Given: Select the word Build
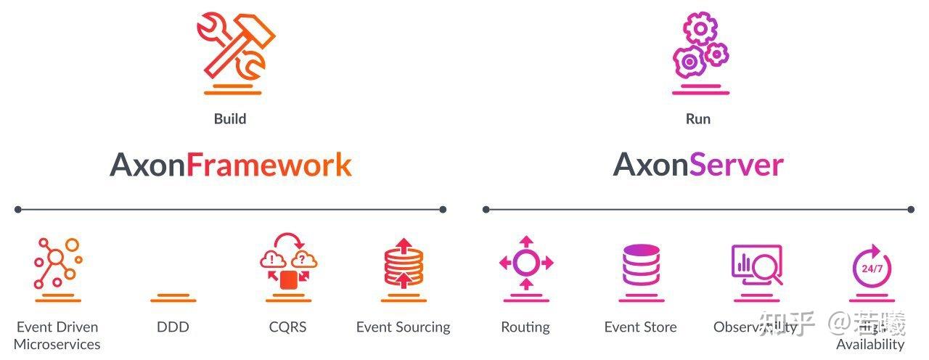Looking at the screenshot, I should pyautogui.click(x=230, y=118).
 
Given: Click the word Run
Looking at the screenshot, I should pyautogui.click(x=698, y=118).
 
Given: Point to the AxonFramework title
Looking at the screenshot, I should pyautogui.click(x=231, y=165).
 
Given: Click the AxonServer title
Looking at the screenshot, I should pyautogui.click(x=698, y=165).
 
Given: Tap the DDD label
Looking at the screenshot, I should pyautogui.click(x=173, y=327).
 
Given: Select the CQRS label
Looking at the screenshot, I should pyautogui.click(x=287, y=327).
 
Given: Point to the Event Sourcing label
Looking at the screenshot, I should pyautogui.click(x=403, y=327).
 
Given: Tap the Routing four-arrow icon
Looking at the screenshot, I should pyautogui.click(x=526, y=263).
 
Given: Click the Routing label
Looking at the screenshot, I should pyautogui.click(x=525, y=327).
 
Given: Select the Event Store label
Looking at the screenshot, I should pyautogui.click(x=640, y=327).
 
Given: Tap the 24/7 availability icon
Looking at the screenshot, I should pyautogui.click(x=872, y=265).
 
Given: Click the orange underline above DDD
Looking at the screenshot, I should pyautogui.click(x=173, y=298).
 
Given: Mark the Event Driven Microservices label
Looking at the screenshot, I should pyautogui.click(x=57, y=335).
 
